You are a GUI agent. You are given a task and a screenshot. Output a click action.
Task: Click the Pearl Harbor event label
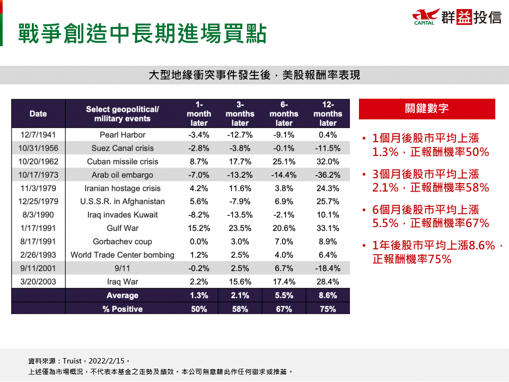122,135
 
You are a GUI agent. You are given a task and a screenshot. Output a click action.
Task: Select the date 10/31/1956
38,148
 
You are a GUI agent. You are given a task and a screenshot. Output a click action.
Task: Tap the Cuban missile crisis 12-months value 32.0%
328,161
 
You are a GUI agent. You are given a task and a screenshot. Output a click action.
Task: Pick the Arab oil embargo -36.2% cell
328,175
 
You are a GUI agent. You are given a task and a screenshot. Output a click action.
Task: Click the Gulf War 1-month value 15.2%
199,228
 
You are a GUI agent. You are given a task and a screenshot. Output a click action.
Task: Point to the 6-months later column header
284,114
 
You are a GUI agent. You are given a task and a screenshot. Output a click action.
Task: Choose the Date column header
38,114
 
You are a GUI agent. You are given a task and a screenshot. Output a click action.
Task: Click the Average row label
122,296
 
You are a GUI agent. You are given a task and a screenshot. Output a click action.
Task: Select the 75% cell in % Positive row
328,309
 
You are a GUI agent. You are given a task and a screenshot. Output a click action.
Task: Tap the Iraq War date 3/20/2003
38,282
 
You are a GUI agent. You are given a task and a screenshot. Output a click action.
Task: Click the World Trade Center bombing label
122,255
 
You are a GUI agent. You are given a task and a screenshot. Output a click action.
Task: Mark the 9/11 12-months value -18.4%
328,268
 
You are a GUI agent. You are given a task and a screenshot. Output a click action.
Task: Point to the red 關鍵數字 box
427,109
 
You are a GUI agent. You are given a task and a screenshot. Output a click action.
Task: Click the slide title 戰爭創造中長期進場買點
142,33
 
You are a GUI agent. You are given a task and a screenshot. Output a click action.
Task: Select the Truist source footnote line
79,361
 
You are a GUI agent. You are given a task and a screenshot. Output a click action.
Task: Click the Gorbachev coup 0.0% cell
199,241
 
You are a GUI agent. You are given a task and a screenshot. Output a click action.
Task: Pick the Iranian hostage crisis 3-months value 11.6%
240,188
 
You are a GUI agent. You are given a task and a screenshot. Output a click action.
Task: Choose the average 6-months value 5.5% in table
284,296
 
